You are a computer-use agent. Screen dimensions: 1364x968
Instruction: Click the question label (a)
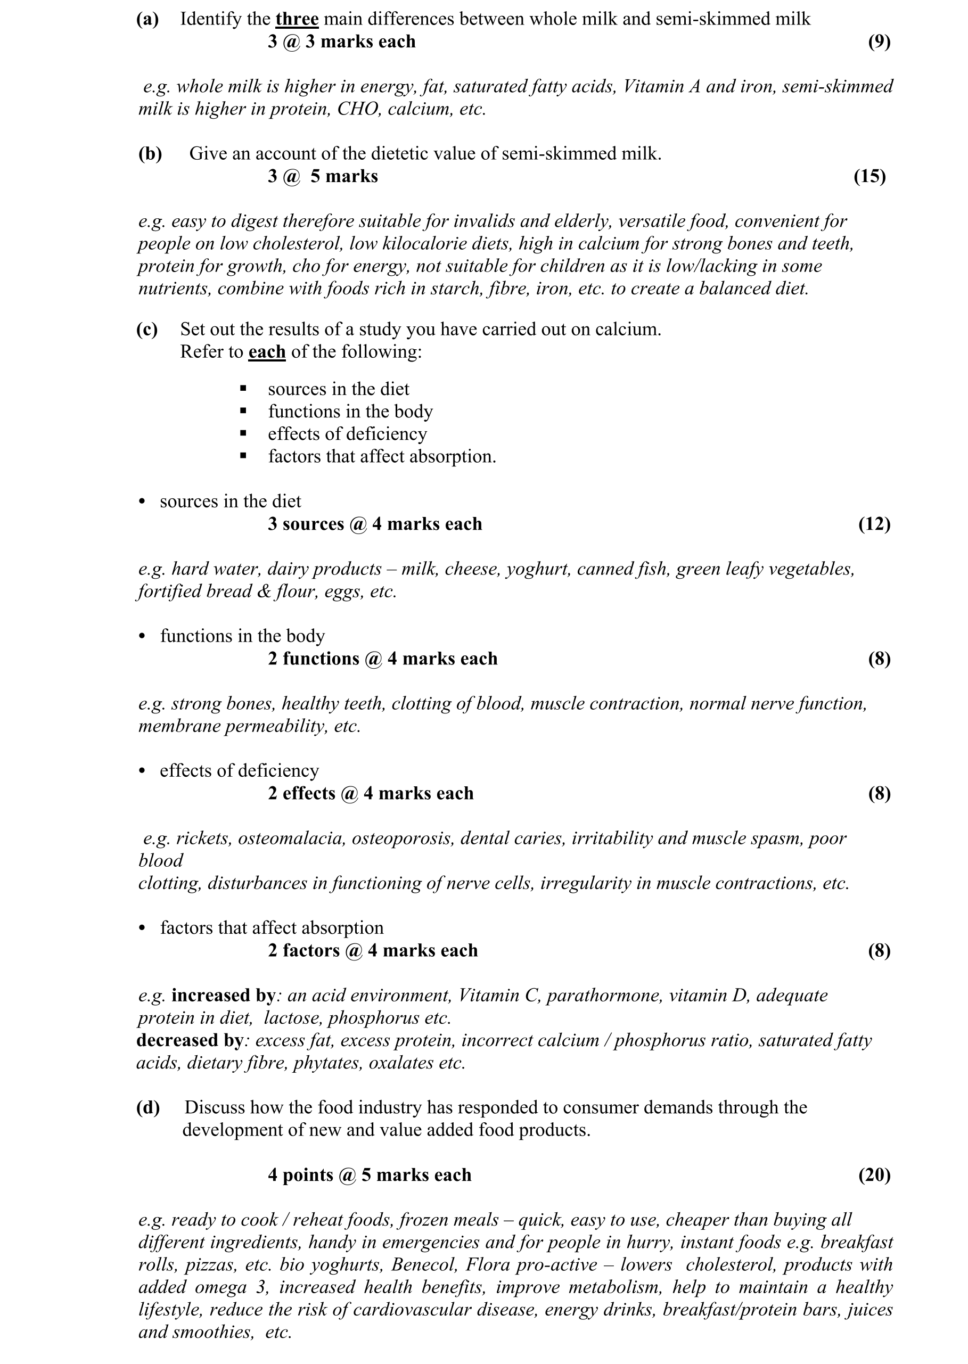click(x=147, y=19)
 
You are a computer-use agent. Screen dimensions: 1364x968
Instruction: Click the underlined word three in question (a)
click(x=297, y=19)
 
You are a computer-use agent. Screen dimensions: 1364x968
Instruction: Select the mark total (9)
click(x=879, y=42)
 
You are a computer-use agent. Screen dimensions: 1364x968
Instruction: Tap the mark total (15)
click(x=869, y=176)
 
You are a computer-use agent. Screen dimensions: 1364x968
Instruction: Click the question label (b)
click(x=150, y=154)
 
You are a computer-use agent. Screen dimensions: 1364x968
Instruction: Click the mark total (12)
click(x=874, y=524)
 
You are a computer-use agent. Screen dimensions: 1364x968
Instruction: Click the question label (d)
click(x=148, y=1107)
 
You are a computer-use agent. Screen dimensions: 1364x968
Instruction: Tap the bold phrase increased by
click(x=223, y=995)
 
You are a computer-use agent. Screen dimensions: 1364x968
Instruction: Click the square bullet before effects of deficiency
click(x=243, y=434)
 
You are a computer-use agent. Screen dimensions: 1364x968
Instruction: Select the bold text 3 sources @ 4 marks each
click(x=374, y=524)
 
